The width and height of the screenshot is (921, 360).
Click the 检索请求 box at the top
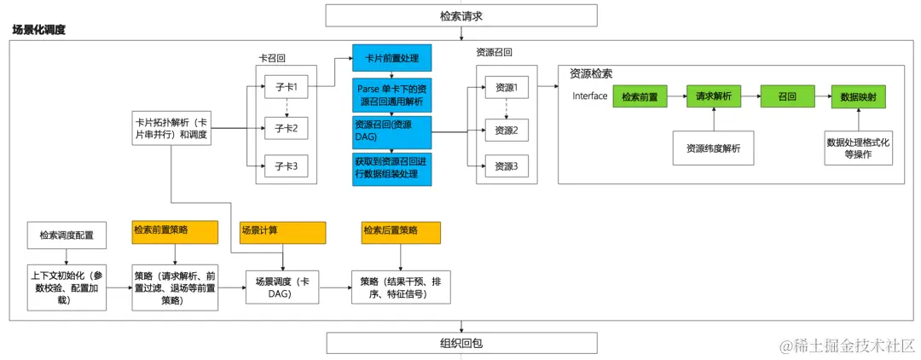point(460,16)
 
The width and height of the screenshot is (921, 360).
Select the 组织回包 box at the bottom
point(460,343)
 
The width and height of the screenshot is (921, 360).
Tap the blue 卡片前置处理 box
point(392,59)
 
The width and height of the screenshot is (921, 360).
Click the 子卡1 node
point(286,87)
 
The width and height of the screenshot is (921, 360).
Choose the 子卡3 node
point(286,165)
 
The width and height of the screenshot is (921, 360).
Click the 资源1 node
point(507,87)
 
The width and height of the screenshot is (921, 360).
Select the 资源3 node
point(507,165)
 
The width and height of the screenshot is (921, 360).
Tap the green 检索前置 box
point(640,97)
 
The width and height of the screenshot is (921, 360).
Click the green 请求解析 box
point(714,97)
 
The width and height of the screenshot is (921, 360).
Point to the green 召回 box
point(787,97)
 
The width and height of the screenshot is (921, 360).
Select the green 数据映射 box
point(858,97)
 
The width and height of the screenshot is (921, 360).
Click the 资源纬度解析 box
point(713,148)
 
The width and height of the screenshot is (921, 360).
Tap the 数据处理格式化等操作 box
point(858,148)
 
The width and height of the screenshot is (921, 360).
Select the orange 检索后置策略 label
point(401,231)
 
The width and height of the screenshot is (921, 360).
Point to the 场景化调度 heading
point(39,30)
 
